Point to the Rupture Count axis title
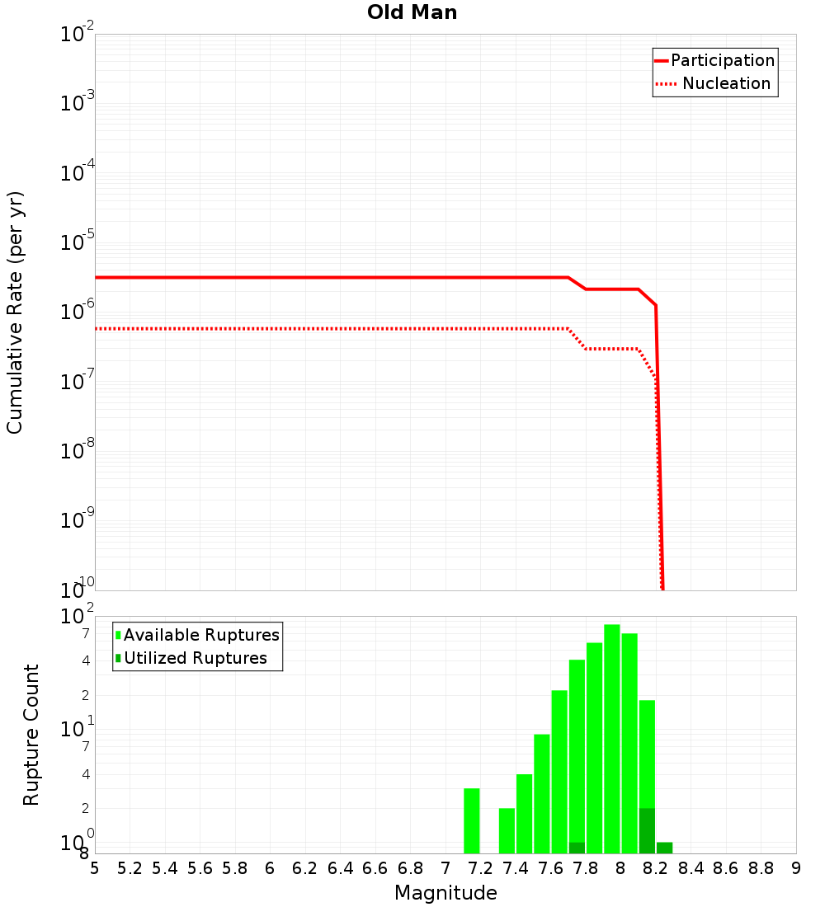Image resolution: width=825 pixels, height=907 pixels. [31, 734]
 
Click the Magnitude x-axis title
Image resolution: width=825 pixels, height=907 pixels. [445, 893]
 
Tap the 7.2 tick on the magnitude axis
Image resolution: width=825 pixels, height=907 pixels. [480, 868]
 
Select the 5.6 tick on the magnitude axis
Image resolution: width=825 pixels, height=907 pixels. [200, 868]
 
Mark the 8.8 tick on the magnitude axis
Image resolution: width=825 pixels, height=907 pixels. [761, 868]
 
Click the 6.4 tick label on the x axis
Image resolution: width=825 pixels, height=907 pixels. [340, 868]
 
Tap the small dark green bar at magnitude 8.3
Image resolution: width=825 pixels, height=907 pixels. [664, 848]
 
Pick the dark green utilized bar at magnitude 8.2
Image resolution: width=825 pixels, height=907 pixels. [647, 830]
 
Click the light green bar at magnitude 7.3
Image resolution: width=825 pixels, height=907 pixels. [507, 830]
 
